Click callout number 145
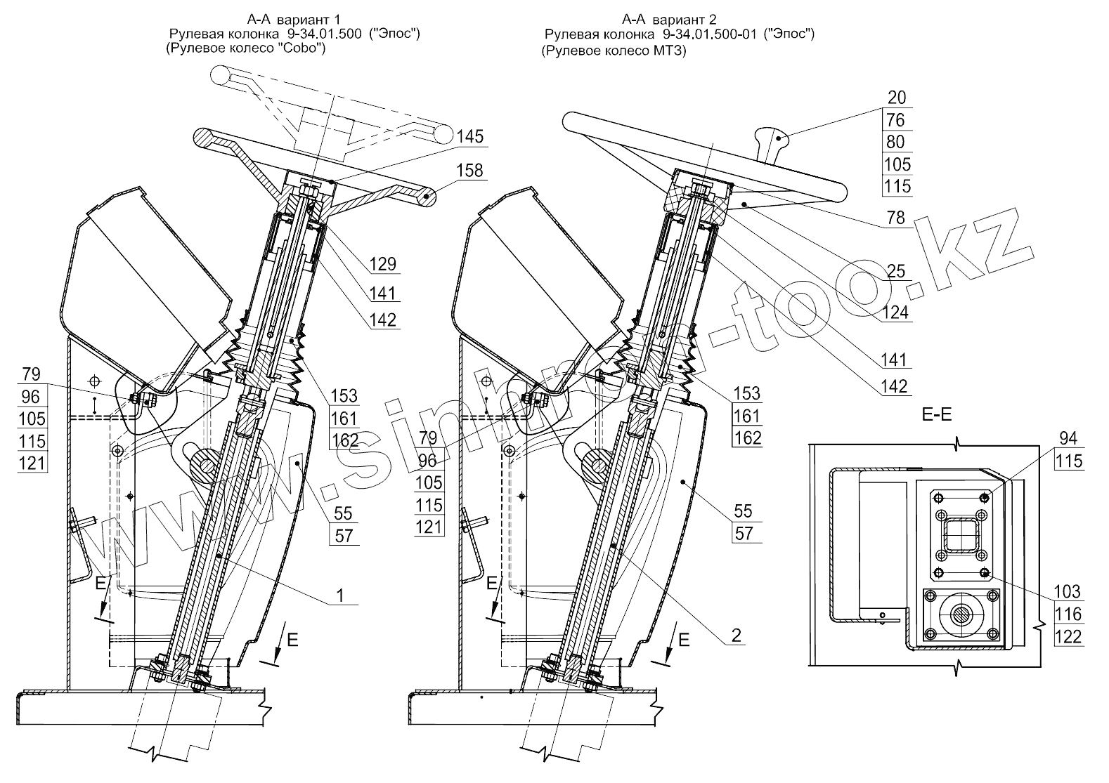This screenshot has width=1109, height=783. click(x=469, y=136)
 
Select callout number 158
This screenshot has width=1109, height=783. click(x=469, y=171)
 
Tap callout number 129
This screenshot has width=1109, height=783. click(x=382, y=264)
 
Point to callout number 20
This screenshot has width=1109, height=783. click(x=897, y=98)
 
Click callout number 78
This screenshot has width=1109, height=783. click(x=897, y=218)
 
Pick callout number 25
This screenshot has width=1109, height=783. click(x=897, y=271)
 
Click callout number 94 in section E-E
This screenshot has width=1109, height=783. click(x=1068, y=439)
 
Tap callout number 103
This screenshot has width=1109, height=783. click(x=1068, y=591)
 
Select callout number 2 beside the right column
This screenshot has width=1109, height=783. click(x=736, y=636)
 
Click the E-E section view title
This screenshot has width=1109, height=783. click(x=936, y=414)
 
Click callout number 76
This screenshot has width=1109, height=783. click(x=897, y=120)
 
